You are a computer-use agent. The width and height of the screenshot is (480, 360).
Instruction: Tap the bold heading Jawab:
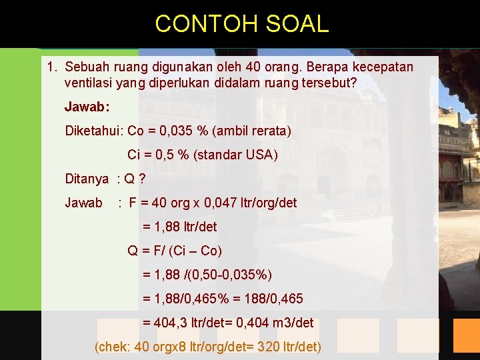(87, 107)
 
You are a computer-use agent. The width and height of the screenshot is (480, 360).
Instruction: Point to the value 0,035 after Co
(177, 131)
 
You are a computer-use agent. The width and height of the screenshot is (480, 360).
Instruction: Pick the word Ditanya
(87, 179)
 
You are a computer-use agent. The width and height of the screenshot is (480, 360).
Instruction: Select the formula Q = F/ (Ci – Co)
(175, 251)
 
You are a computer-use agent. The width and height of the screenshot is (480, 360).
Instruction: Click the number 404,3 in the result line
(171, 323)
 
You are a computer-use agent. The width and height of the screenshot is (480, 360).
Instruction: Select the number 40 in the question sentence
(254, 67)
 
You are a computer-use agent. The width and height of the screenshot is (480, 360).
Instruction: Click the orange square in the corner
(467, 335)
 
